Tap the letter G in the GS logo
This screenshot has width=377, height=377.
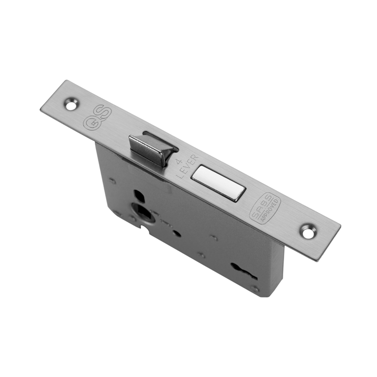coord(88,121)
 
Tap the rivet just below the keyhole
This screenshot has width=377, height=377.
coord(255,289)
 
